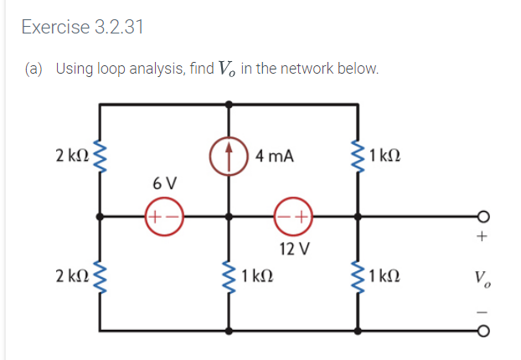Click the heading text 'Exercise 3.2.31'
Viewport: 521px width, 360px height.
(x=82, y=27)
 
